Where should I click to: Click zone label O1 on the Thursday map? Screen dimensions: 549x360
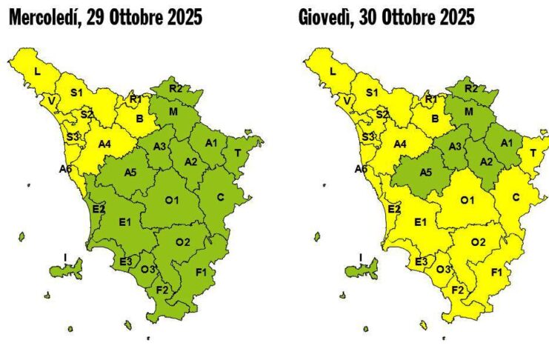(468, 201)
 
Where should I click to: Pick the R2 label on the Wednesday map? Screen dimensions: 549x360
(176, 88)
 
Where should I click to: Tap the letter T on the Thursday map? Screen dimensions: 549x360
(533, 153)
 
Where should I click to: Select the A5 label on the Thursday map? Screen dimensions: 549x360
(425, 173)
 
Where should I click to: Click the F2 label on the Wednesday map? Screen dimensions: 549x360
(163, 290)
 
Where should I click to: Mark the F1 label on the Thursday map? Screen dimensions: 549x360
(497, 272)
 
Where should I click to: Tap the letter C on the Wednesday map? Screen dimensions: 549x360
(220, 197)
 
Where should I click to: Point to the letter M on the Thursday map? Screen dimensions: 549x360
(469, 111)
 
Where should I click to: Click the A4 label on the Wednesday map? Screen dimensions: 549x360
(104, 144)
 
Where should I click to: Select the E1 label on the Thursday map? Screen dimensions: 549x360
(420, 221)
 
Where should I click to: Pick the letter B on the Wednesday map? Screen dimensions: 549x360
(139, 118)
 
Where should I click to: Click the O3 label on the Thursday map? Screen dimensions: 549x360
(442, 269)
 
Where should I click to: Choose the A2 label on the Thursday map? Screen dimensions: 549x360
(486, 162)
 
